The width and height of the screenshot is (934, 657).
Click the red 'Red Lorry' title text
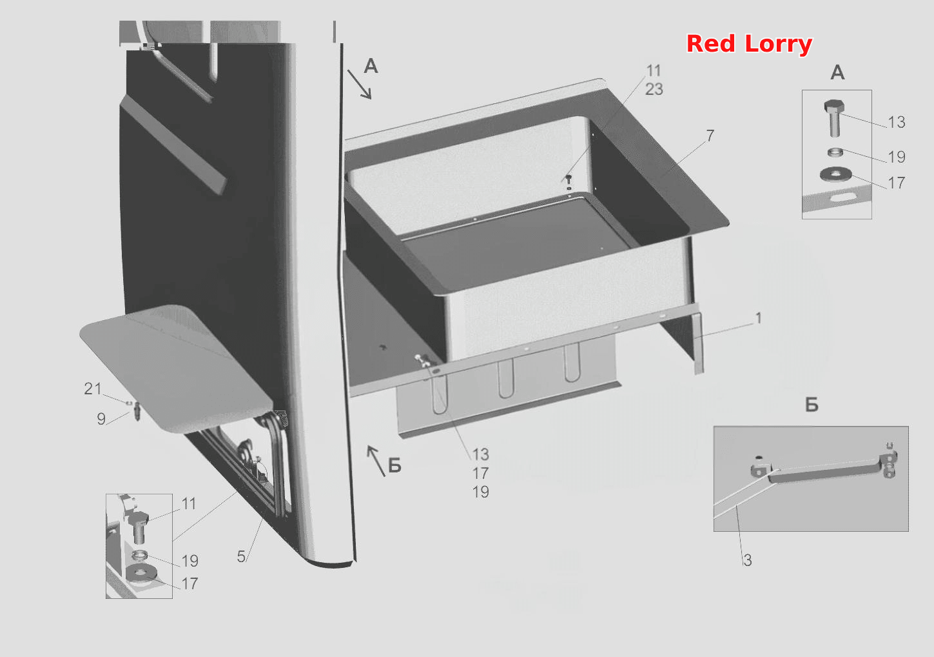pos(749,45)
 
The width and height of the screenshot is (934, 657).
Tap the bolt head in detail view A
pos(834,106)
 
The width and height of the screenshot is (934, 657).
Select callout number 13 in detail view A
pos(896,123)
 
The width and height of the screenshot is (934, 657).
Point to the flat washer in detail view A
pos(835,174)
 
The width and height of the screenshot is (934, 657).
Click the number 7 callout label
pos(710,136)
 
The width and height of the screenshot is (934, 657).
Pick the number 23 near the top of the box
pos(654,89)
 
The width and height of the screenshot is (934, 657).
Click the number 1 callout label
pos(759,318)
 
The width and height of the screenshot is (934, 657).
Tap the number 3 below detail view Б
pos(747,560)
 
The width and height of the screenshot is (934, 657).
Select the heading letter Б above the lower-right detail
pos(812,405)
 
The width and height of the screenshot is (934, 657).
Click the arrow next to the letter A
pos(360,85)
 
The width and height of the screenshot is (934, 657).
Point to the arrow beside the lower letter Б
pos(376,461)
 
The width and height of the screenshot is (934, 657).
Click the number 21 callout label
pos(93,389)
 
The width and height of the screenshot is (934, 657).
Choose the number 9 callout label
pos(101,419)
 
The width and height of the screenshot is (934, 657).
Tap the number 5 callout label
pos(241,556)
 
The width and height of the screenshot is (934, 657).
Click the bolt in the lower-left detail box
pos(139,527)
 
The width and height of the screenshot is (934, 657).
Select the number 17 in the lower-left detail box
pos(190,583)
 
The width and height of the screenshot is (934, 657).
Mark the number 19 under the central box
pos(480,492)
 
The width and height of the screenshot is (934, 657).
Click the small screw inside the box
pos(569,180)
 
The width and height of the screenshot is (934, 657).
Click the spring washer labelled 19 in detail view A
pos(835,152)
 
